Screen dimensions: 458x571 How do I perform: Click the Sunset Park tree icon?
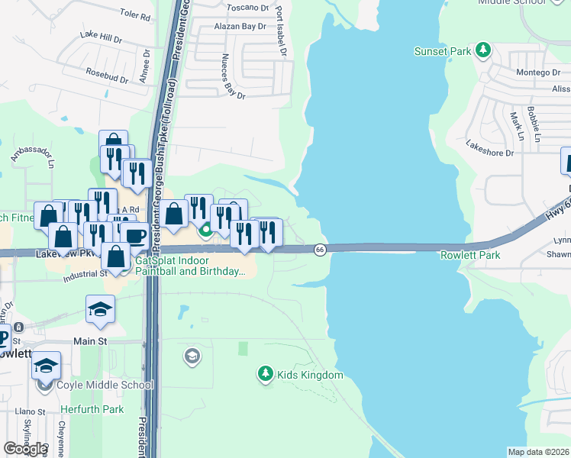[x=482, y=51]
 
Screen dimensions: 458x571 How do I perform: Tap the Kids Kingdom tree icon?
[x=265, y=374]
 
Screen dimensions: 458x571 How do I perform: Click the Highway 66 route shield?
[x=320, y=250]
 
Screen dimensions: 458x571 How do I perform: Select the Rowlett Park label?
[x=470, y=255]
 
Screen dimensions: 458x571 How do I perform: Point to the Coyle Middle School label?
[x=105, y=385]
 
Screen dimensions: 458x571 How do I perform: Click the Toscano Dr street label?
[x=249, y=8]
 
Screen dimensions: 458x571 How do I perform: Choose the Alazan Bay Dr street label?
[x=240, y=26]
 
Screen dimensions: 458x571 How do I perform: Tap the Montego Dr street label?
[x=538, y=73]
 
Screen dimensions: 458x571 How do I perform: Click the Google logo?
[x=25, y=449]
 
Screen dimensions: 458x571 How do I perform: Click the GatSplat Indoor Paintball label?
[x=191, y=266]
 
